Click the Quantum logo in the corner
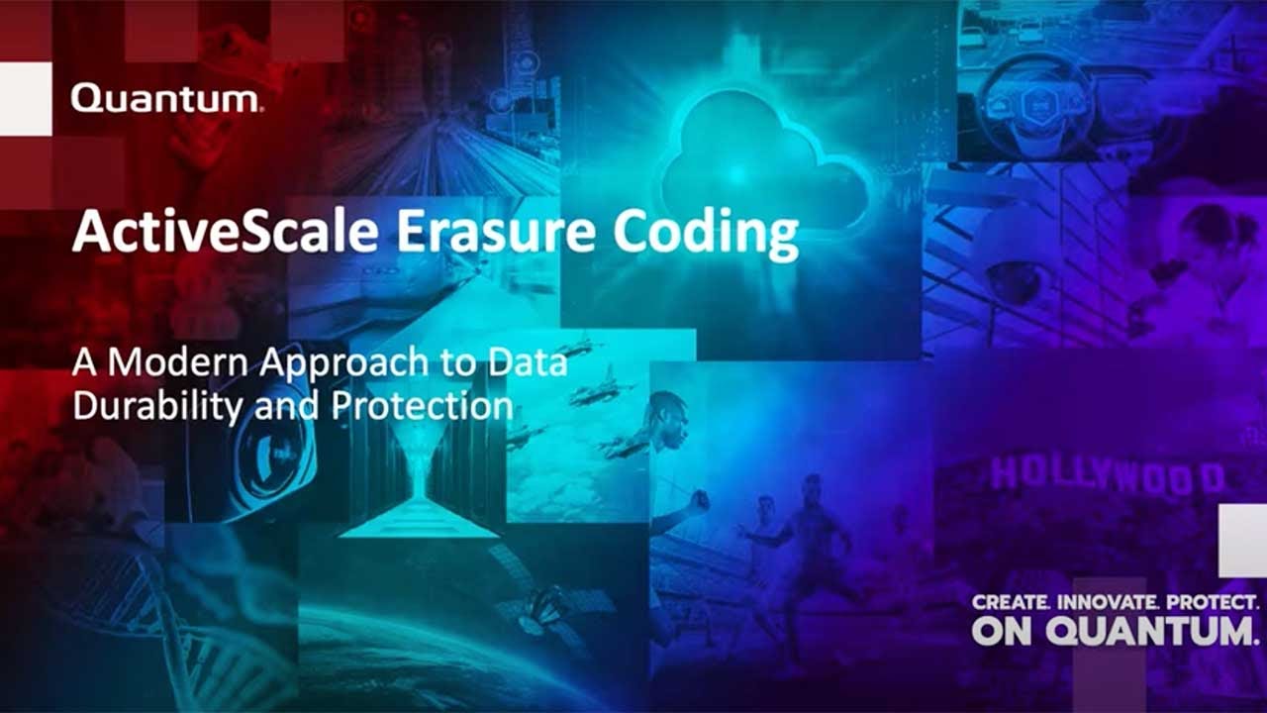(165, 99)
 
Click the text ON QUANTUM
(1115, 630)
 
